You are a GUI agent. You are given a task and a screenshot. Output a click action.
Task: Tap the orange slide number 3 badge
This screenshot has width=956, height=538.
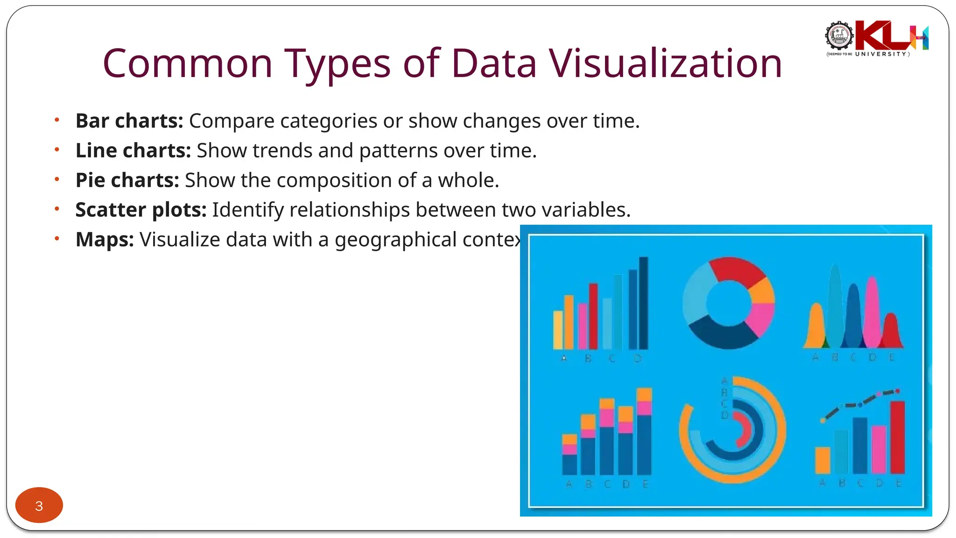click(39, 505)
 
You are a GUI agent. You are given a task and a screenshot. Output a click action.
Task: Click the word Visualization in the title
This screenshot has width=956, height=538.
click(665, 64)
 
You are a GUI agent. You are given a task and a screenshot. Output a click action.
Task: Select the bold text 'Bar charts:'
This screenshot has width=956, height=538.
click(129, 121)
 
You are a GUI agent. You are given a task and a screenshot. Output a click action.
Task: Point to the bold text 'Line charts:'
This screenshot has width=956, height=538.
click(133, 151)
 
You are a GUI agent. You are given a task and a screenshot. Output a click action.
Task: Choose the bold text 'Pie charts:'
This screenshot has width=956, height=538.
click(127, 180)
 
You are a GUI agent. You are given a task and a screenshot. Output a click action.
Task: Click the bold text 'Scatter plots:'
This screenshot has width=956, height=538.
click(141, 210)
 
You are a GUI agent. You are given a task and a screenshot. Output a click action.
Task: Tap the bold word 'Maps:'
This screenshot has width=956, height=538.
click(105, 240)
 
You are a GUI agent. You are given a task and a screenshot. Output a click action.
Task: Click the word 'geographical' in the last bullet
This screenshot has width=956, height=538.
click(395, 240)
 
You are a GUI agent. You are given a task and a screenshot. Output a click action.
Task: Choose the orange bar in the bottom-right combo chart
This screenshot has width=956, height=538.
click(822, 460)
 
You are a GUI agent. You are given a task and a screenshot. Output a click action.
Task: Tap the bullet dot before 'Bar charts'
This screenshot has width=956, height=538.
click(57, 120)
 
